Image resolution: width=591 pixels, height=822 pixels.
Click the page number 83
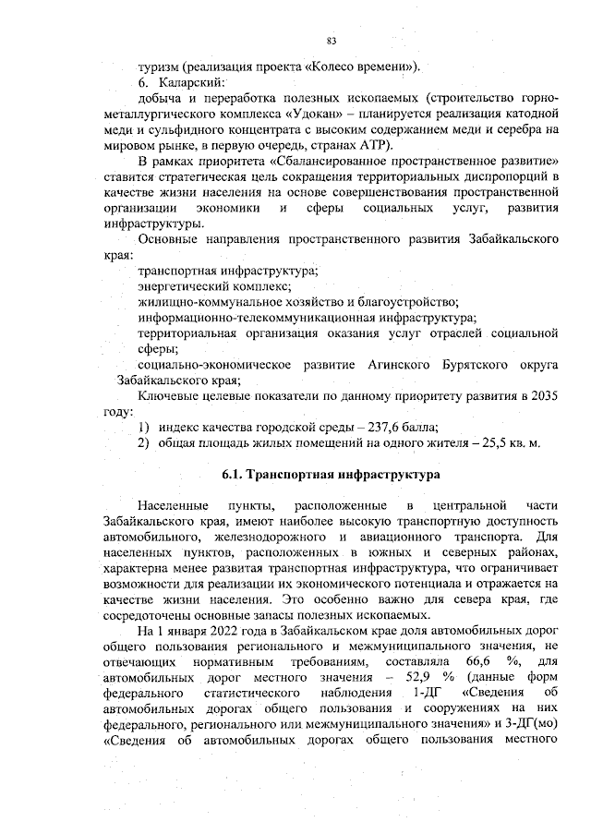331,40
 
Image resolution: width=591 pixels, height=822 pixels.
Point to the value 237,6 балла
398,426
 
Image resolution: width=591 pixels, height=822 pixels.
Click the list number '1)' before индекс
144,426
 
